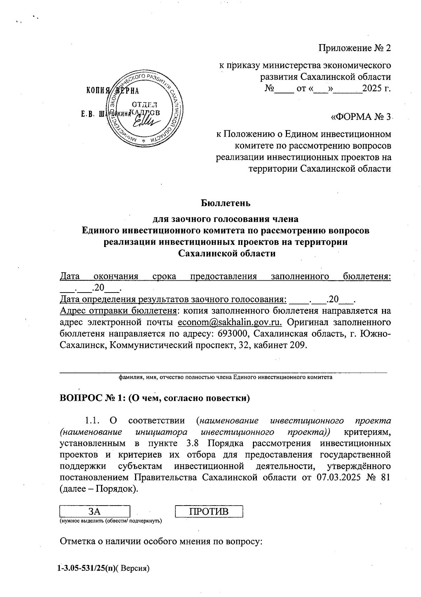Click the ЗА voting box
tap(95, 512)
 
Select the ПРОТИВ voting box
tap(209, 512)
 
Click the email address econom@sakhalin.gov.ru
tap(230, 322)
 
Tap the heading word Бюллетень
tap(226, 203)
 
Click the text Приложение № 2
tap(354, 48)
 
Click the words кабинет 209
tap(286, 345)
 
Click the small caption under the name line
tap(225, 378)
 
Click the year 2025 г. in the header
tap(376, 88)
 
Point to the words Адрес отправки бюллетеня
tap(118, 311)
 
